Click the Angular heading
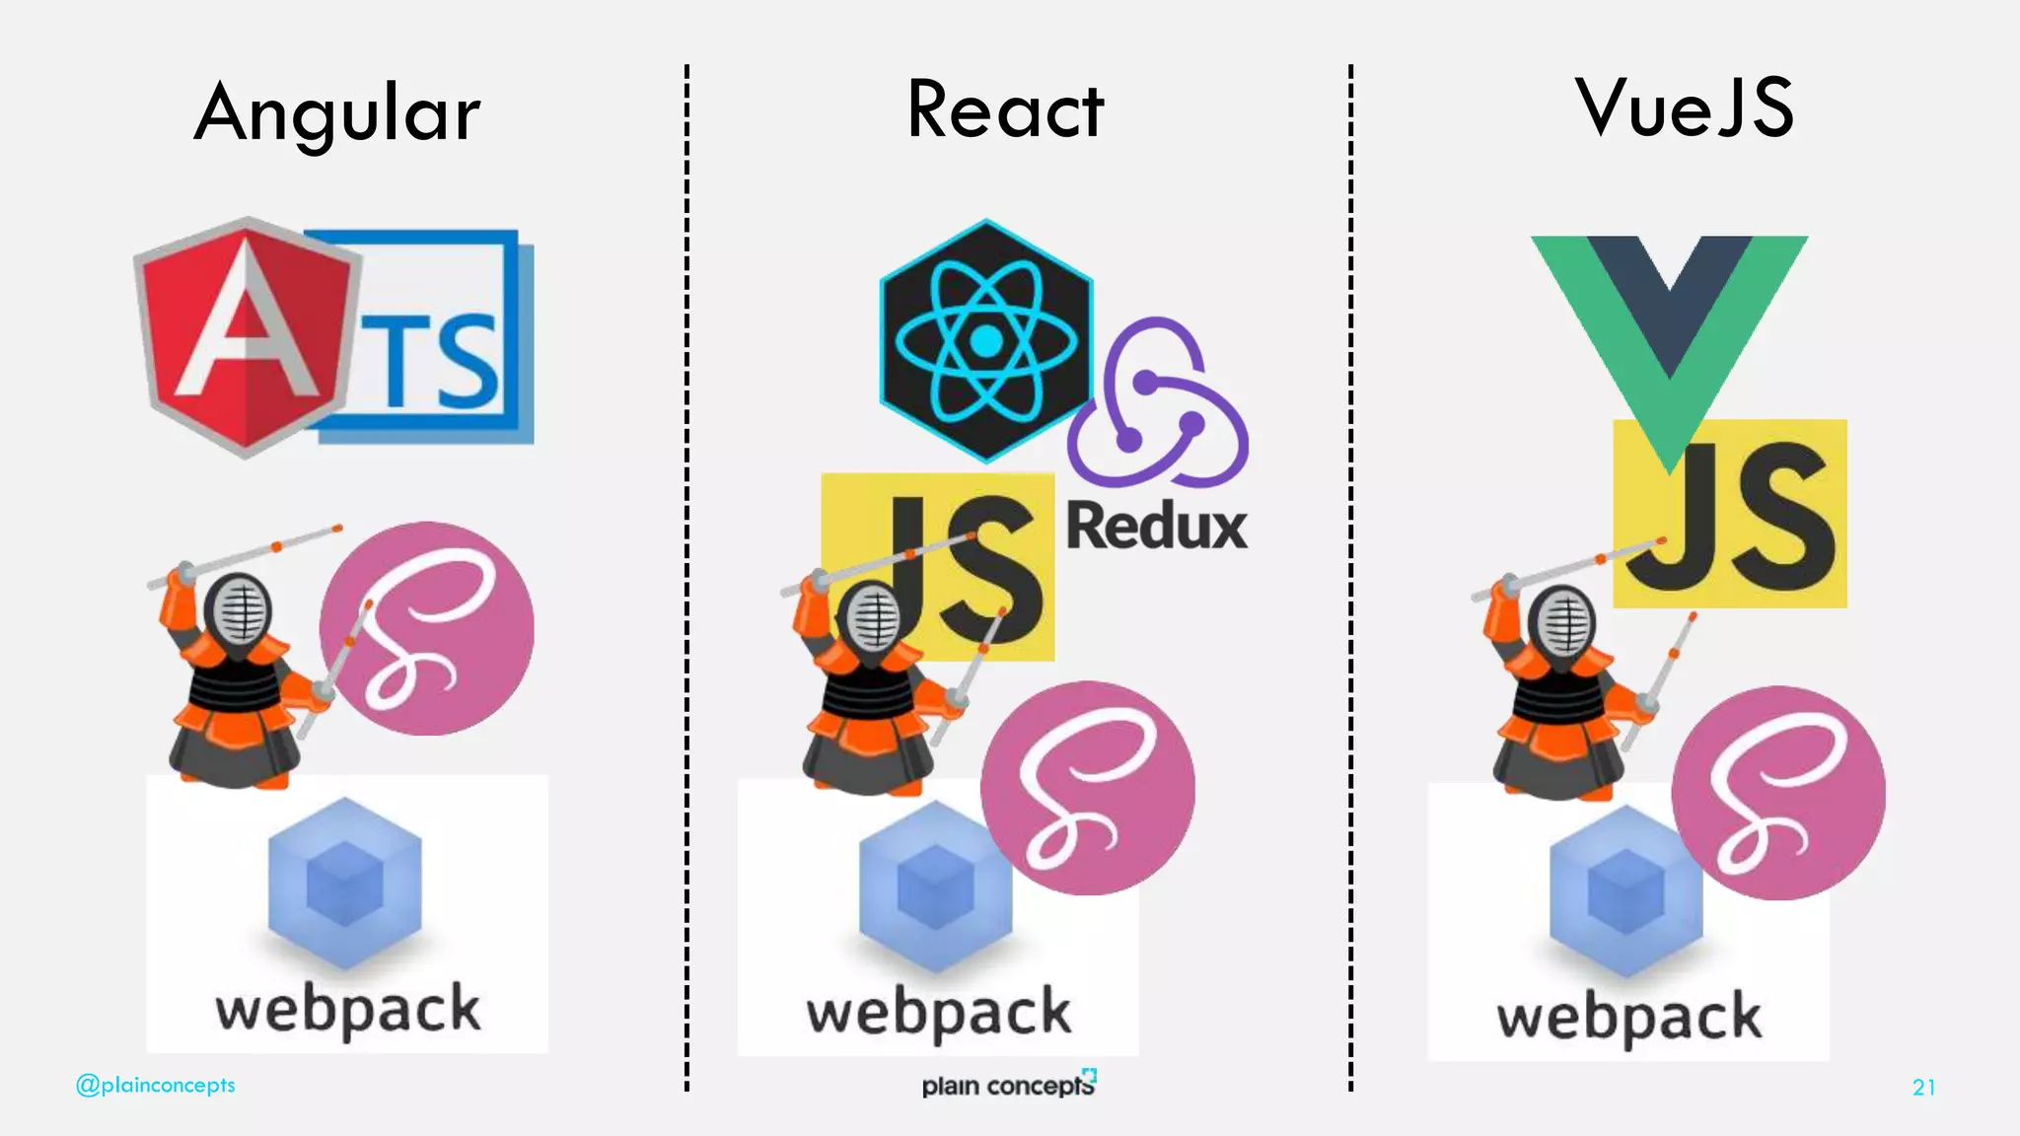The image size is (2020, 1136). pos(337,113)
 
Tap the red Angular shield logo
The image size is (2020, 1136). pos(243,335)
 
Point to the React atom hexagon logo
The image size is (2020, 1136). pos(985,341)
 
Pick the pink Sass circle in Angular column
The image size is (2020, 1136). pos(428,628)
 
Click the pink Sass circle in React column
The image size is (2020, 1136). pos(1087,788)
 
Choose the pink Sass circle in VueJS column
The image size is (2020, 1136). pos(1778,793)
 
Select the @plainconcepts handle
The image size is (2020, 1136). pos(156,1085)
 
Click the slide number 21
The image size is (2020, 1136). pos(1923,1087)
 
